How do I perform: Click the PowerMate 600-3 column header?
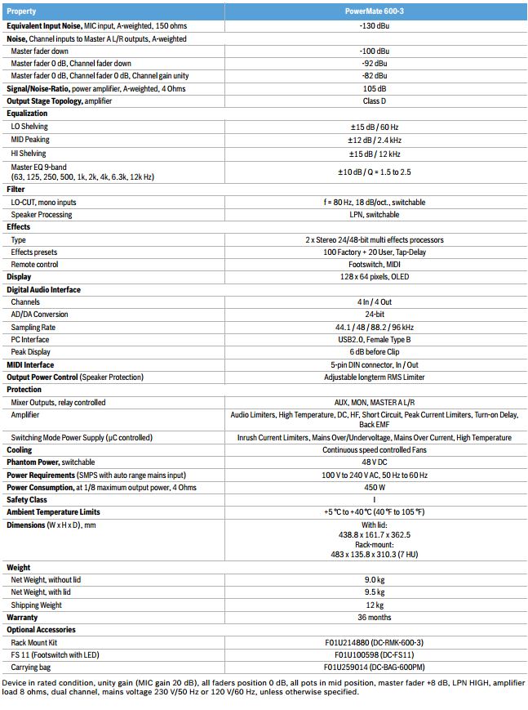[x=375, y=12]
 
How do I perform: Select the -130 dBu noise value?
[x=375, y=26]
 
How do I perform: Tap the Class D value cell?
[x=375, y=100]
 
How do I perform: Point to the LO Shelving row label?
[x=29, y=127]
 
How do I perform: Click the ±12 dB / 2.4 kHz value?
[x=375, y=140]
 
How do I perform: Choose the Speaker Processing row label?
[x=42, y=215]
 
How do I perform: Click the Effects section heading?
[x=19, y=227]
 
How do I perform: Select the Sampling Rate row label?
[x=33, y=327]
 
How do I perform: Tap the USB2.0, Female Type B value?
[x=375, y=339]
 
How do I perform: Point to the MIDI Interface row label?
[x=30, y=365]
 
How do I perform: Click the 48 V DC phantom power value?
[x=375, y=462]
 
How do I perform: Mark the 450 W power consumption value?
[x=375, y=487]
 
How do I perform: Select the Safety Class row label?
[x=27, y=499]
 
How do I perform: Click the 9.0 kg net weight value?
[x=375, y=580]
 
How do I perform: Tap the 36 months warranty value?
[x=375, y=618]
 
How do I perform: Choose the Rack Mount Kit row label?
[x=33, y=642]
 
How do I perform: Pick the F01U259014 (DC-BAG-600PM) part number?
[x=375, y=667]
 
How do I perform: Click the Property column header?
[x=22, y=12]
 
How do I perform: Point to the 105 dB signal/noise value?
[x=375, y=88]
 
